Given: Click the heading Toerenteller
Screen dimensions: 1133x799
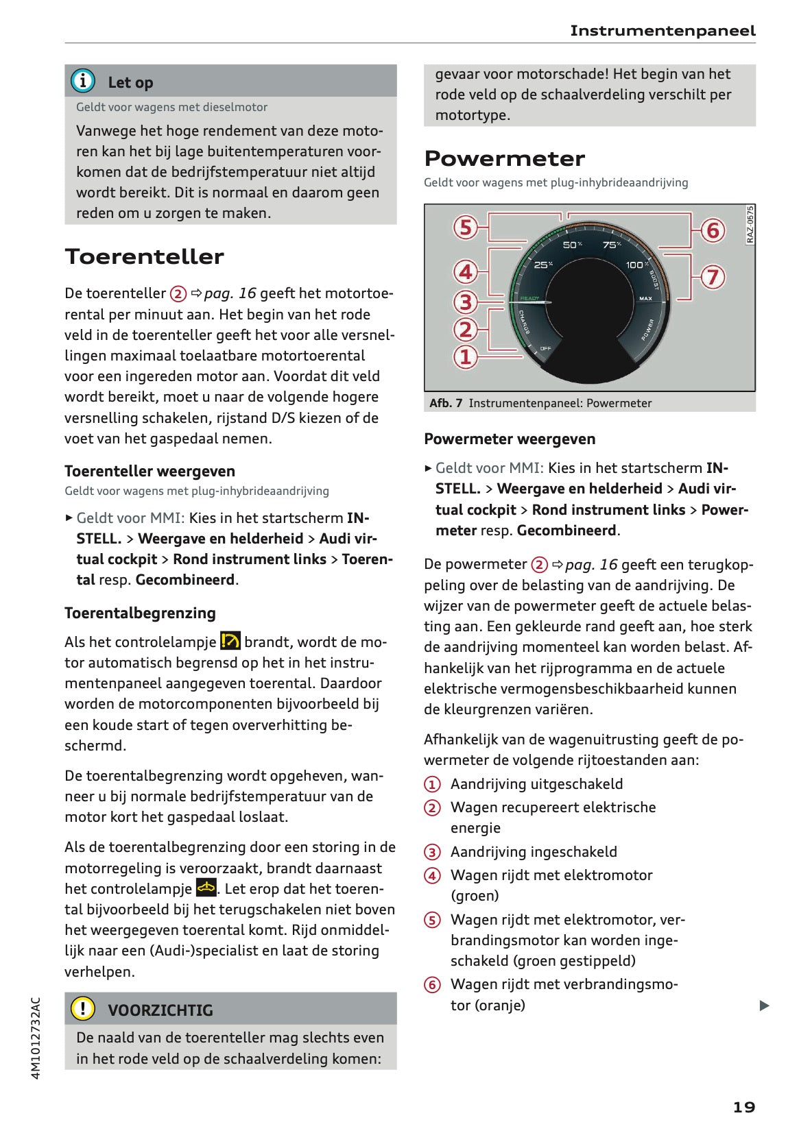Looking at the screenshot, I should click(x=144, y=256).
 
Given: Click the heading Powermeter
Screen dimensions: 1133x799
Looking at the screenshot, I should click(x=504, y=158).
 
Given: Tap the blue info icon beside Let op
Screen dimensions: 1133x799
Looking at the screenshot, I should click(x=83, y=81).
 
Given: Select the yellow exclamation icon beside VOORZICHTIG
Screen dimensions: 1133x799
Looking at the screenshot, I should click(x=83, y=1008).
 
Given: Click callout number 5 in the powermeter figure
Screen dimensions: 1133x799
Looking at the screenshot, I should click(x=466, y=227).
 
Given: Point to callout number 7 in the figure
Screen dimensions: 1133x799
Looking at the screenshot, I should click(x=713, y=277).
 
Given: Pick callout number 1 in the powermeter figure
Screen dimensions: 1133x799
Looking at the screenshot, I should click(x=466, y=356).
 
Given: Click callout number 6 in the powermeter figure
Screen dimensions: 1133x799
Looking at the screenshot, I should click(x=713, y=230).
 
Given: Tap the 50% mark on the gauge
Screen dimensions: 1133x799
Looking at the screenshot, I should click(x=572, y=245).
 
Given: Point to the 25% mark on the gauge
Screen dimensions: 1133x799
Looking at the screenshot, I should click(x=543, y=265).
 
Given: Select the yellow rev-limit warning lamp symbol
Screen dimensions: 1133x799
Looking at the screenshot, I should click(x=230, y=642).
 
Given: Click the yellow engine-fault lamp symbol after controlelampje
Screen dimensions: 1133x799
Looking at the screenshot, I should click(x=206, y=888).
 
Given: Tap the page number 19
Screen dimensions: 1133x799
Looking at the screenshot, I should click(x=744, y=1107).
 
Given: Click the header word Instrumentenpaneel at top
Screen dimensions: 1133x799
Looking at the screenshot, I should click(x=663, y=31).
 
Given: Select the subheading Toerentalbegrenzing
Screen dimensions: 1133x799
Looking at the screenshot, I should click(x=140, y=613).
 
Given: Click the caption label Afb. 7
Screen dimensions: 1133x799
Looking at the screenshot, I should click(x=446, y=403).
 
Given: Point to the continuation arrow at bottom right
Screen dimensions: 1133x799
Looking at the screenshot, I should click(x=764, y=1006).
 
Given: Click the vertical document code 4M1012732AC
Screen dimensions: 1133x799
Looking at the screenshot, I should click(x=36, y=1038).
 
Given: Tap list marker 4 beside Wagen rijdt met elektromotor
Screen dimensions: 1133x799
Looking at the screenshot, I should click(x=432, y=875).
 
